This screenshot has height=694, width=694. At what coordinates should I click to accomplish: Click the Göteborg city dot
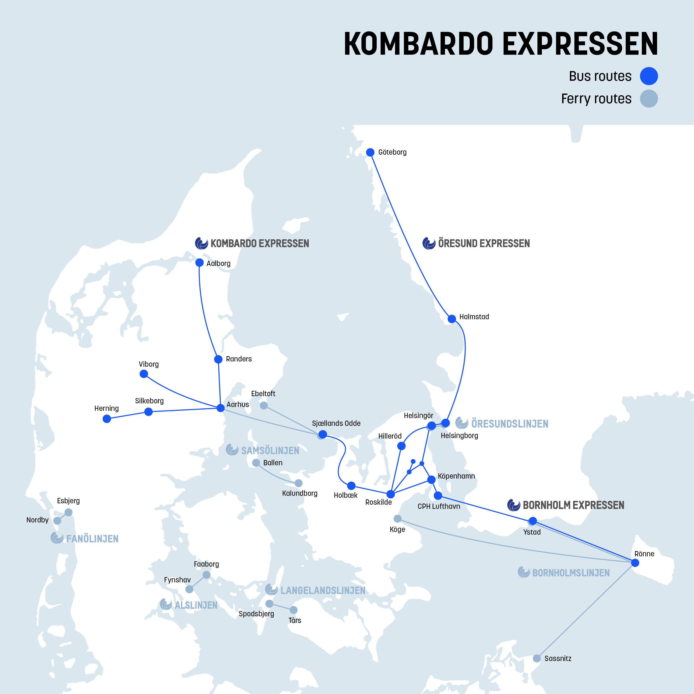pyautogui.click(x=370, y=152)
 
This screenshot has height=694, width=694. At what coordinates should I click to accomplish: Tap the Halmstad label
pyautogui.click(x=474, y=317)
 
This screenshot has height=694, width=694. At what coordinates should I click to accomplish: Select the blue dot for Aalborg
pyautogui.click(x=199, y=263)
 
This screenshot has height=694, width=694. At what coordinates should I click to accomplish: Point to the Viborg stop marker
pyautogui.click(x=144, y=374)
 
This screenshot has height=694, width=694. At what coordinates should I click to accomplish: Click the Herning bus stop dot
pyautogui.click(x=107, y=419)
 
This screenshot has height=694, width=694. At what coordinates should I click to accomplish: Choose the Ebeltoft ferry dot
pyautogui.click(x=264, y=406)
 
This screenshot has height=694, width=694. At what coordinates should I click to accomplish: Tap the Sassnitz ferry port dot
pyautogui.click(x=537, y=658)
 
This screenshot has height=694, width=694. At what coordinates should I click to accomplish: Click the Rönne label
pyautogui.click(x=644, y=554)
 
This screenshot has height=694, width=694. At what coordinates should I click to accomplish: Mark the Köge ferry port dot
pyautogui.click(x=398, y=519)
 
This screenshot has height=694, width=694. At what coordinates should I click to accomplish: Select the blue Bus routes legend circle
pyautogui.click(x=649, y=76)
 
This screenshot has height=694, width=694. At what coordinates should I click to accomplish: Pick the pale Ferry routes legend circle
pyautogui.click(x=649, y=99)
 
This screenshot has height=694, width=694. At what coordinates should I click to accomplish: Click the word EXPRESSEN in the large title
pyautogui.click(x=580, y=44)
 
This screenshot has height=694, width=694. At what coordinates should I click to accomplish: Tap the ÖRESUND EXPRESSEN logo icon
pyautogui.click(x=429, y=243)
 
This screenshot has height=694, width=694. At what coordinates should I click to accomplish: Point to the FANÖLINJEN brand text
pyautogui.click(x=92, y=539)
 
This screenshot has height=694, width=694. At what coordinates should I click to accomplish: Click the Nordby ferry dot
pyautogui.click(x=57, y=520)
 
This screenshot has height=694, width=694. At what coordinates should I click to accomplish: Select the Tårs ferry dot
pyautogui.click(x=293, y=610)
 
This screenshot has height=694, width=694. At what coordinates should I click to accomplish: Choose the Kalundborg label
pyautogui.click(x=300, y=493)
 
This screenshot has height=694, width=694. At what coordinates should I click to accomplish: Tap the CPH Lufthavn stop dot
pyautogui.click(x=438, y=496)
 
